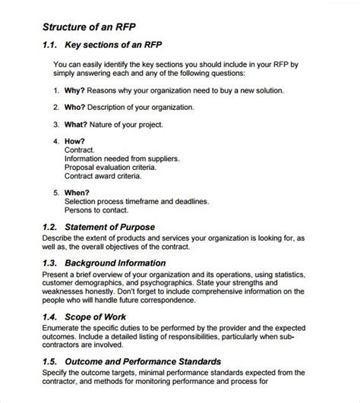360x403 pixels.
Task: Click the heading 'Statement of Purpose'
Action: (110, 227)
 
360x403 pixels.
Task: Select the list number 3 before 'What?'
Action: (57, 124)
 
